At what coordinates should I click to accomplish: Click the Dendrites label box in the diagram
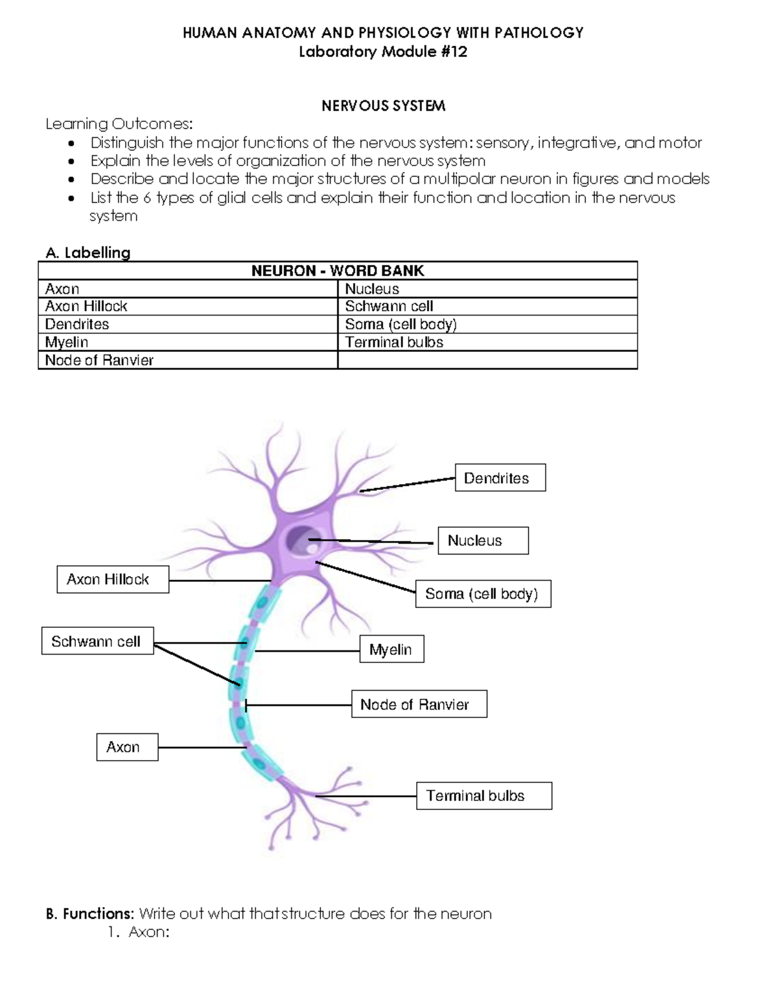(500, 478)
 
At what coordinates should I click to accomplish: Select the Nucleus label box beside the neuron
(483, 540)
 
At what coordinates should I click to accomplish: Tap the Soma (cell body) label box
(483, 593)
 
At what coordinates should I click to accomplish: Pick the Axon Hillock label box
(112, 579)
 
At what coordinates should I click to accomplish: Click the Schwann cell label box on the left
(97, 641)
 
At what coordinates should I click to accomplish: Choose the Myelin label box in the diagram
(391, 649)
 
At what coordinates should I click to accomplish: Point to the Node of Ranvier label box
(419, 704)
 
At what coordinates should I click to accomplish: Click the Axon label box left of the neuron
(127, 747)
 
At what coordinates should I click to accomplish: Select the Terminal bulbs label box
(483, 796)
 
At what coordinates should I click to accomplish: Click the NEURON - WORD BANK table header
(338, 271)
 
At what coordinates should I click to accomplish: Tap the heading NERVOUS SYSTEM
(383, 106)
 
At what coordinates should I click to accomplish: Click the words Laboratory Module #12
(383, 52)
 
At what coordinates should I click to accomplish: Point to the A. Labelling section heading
(88, 253)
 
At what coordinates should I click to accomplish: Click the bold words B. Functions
(90, 914)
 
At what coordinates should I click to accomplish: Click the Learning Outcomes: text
(119, 124)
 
